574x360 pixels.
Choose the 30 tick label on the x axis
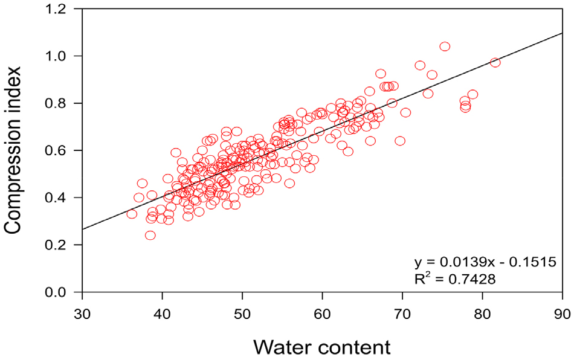point(82,315)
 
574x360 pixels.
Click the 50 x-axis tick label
point(242,315)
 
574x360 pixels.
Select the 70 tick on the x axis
point(402,315)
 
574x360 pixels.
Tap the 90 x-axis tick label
point(562,315)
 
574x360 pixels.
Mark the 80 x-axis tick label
point(482,315)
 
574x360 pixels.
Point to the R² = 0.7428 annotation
point(456,278)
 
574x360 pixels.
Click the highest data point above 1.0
point(445,47)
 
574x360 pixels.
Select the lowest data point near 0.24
point(150,236)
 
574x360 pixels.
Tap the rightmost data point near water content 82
point(495,62)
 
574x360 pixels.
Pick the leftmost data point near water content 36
point(132,214)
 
